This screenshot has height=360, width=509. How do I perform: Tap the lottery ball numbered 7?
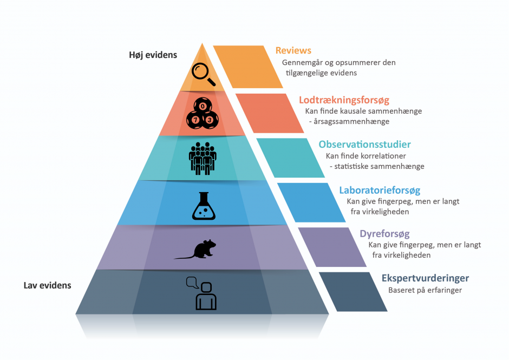coord(195,120)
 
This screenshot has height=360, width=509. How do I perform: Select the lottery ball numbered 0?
coord(203,106)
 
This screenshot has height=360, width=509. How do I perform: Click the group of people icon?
coord(203,159)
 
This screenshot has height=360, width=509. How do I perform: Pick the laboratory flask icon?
coord(204,206)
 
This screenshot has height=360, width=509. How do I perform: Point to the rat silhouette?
coord(195,250)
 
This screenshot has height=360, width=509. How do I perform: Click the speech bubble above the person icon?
coord(192,283)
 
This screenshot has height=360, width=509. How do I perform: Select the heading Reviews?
coord(293,51)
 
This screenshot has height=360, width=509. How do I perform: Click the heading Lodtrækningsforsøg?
coord(344,100)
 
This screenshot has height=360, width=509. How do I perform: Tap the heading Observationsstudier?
coord(364,144)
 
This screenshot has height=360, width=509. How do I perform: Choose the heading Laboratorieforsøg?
coord(380,190)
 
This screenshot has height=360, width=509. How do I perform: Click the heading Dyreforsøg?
coord(384,234)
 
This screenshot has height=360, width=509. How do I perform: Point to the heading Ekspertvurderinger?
coord(425,278)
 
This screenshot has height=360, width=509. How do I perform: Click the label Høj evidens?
coord(153,55)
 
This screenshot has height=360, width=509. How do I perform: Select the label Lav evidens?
coord(48,285)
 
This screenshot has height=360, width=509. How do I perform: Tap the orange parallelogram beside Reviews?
coord(248,67)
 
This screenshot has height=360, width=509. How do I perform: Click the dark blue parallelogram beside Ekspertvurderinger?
coord(353,292)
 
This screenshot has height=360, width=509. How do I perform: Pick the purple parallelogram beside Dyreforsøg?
coord(332,247)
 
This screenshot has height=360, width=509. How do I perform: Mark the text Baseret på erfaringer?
coord(425,290)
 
